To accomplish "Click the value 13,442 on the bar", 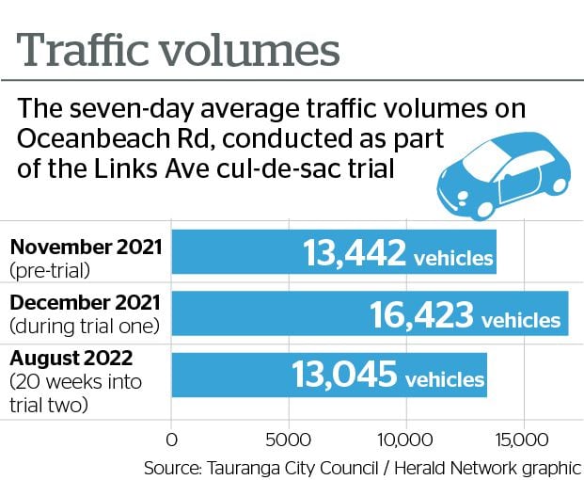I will tap(355, 253).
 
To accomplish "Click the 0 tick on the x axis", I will tap(171, 440).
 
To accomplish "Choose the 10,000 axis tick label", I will tap(404, 440).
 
